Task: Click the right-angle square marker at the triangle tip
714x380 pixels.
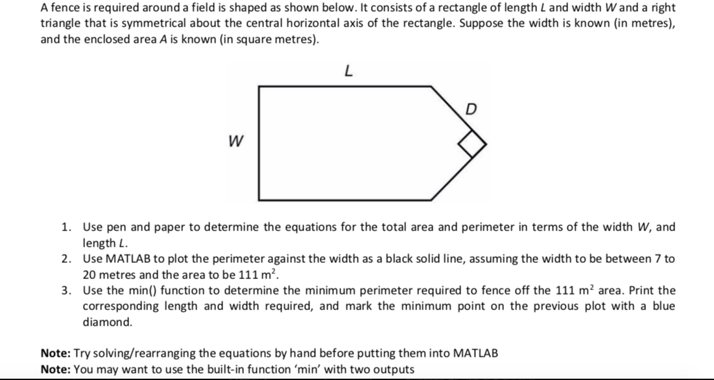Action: (x=473, y=146)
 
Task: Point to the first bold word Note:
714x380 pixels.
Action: (x=56, y=353)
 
